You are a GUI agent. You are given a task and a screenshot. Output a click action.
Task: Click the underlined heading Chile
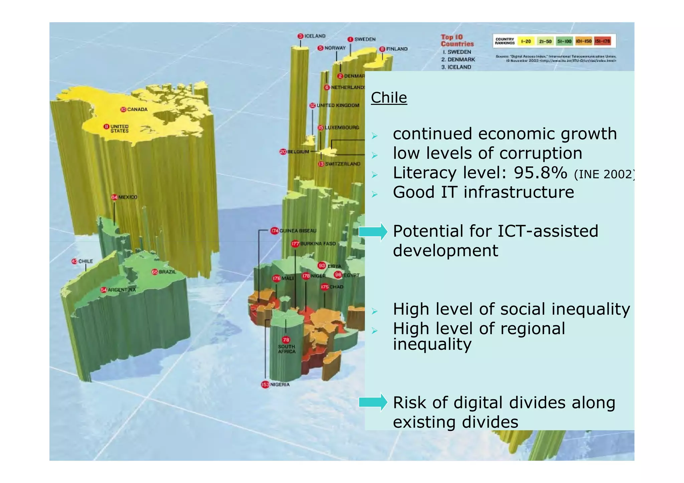389,98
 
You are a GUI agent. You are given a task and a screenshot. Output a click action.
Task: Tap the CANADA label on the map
137,109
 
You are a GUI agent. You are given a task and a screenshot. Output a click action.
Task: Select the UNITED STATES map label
119,129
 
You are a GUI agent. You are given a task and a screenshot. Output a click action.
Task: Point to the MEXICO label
128,197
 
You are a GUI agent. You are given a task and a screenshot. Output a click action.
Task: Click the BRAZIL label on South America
167,272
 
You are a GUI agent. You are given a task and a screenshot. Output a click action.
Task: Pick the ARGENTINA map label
122,290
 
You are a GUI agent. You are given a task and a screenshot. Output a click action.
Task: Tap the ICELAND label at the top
315,36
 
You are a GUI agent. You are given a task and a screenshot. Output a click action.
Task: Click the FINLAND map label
397,49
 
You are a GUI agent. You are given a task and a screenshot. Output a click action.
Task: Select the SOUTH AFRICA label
287,349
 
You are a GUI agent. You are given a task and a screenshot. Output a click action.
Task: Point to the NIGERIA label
280,385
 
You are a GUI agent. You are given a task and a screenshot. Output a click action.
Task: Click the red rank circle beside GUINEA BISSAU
275,231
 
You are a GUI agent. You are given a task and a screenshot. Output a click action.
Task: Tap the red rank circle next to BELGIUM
283,152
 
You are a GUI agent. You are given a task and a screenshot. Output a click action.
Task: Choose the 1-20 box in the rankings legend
526,41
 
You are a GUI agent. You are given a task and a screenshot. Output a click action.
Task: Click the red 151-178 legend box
602,41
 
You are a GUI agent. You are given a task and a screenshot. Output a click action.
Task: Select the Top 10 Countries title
457,40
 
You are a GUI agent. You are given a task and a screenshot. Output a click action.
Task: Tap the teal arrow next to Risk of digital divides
373,403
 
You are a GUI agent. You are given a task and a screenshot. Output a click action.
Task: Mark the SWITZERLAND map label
343,164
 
